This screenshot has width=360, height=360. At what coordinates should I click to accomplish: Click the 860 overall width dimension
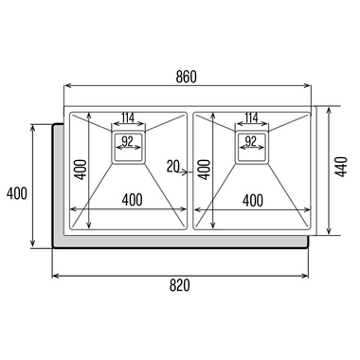[x=186, y=78]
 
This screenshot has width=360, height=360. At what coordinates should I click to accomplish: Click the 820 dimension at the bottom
[x=180, y=285]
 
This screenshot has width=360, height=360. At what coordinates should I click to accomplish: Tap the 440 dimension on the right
[x=341, y=167]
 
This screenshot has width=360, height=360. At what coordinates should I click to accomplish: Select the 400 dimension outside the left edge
[x=17, y=193]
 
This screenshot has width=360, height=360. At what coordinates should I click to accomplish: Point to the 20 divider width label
[x=173, y=167]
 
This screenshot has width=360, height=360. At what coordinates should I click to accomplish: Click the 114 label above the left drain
[x=128, y=117]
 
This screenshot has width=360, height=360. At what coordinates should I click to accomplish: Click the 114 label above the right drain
[x=251, y=117]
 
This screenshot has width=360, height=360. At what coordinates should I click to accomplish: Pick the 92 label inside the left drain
[x=127, y=142]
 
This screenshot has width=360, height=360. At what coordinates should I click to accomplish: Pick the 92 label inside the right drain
[x=250, y=142]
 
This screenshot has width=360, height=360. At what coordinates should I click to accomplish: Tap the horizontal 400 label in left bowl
[x=132, y=200]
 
